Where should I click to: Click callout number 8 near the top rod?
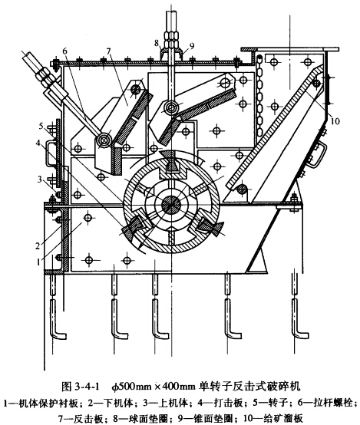pyautogui.click(x=157, y=43)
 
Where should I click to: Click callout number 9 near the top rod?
pyautogui.click(x=192, y=46)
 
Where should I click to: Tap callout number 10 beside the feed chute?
pyautogui.click(x=335, y=121)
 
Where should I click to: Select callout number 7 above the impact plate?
pyautogui.click(x=109, y=51)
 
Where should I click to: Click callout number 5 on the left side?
pyautogui.click(x=41, y=126)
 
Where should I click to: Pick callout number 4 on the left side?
pyautogui.click(x=38, y=143)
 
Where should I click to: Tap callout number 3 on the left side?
pyautogui.click(x=40, y=180)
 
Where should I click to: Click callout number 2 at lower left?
pyautogui.click(x=38, y=245)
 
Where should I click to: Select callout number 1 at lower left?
pyautogui.click(x=39, y=262)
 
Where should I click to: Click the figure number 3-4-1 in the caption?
pyautogui.click(x=86, y=386)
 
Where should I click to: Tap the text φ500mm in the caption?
pyautogui.click(x=132, y=386)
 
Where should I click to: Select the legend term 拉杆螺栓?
pyautogui.click(x=334, y=403)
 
